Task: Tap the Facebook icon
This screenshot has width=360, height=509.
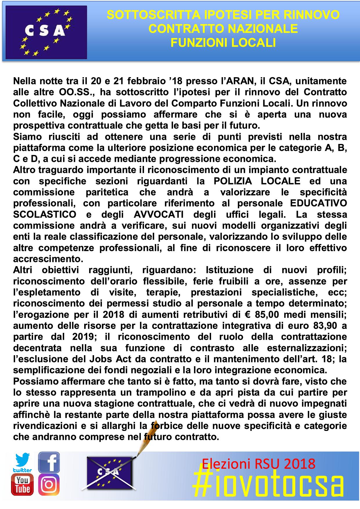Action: pyautogui.click(x=49, y=462)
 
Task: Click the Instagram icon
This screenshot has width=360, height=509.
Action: pyautogui.click(x=49, y=485)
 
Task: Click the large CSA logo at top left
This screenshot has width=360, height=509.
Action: pyautogui.click(x=46, y=32)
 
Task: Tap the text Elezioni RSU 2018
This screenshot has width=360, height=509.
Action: pyautogui.click(x=259, y=463)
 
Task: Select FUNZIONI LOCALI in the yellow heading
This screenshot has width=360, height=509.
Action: pyautogui.click(x=223, y=43)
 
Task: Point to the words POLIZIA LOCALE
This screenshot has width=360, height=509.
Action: pyautogui.click(x=257, y=181)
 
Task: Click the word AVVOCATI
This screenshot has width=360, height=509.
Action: pyautogui.click(x=159, y=214)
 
